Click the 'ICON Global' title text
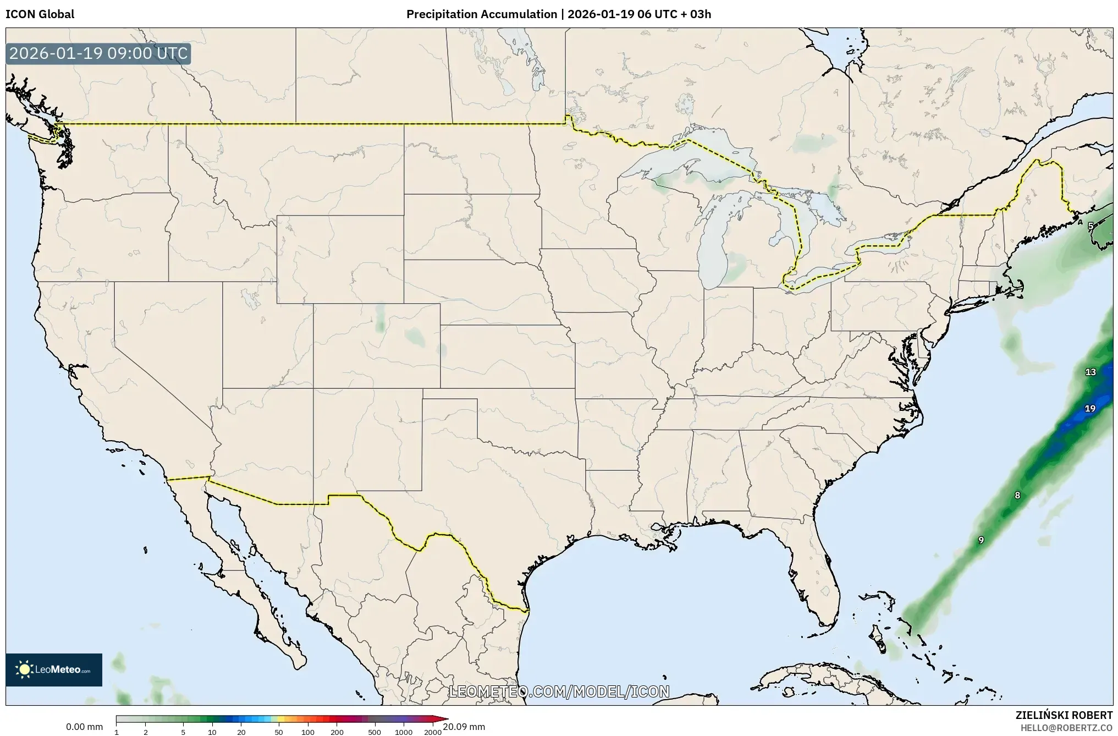(x=40, y=14)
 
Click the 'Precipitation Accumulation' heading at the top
(x=481, y=14)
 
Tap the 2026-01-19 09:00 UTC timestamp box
(x=98, y=54)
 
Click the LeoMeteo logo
(x=54, y=669)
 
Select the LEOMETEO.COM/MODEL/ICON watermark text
(x=559, y=691)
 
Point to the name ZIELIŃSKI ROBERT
(x=1064, y=715)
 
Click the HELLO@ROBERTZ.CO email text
(x=1066, y=727)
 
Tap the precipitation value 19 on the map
(x=1090, y=409)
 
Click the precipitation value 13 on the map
(x=1091, y=372)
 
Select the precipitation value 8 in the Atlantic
(x=1017, y=496)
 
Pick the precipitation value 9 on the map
(x=981, y=541)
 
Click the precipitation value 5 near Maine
(x=1091, y=226)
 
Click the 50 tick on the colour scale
(x=279, y=732)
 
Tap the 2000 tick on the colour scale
(x=433, y=732)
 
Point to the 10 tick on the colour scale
(x=212, y=732)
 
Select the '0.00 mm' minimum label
(x=84, y=727)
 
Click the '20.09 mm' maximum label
(x=464, y=727)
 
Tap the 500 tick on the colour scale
(x=374, y=732)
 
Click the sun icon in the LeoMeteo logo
(x=25, y=669)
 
